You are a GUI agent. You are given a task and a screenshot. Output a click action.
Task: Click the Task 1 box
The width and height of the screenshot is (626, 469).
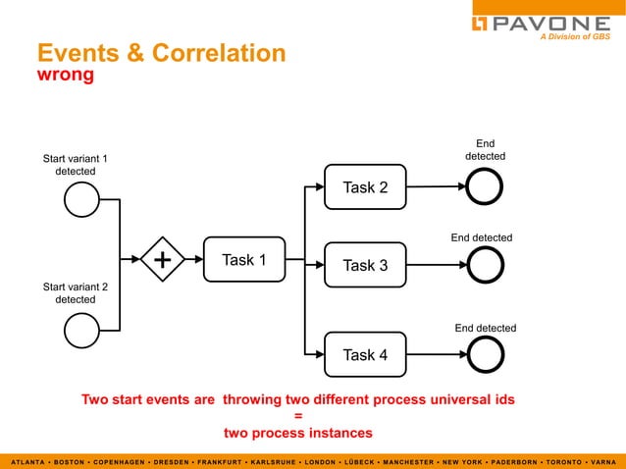click(x=243, y=260)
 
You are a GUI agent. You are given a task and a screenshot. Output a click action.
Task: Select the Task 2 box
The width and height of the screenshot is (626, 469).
click(x=365, y=187)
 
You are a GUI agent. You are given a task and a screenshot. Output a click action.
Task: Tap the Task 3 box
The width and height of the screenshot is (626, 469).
click(x=365, y=265)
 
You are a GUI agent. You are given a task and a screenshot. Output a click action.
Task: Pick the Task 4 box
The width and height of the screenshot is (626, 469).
click(x=365, y=354)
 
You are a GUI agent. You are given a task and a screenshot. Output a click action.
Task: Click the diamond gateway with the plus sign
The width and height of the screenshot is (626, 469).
click(x=162, y=260)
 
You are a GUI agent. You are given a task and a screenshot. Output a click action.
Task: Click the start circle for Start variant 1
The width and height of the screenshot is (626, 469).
click(x=81, y=201)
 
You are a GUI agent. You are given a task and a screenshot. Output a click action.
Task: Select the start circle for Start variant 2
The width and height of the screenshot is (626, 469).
click(x=81, y=330)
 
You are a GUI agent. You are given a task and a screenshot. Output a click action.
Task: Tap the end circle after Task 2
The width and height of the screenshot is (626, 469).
click(x=485, y=186)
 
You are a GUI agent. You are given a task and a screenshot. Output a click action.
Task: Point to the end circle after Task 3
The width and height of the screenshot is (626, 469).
click(x=485, y=264)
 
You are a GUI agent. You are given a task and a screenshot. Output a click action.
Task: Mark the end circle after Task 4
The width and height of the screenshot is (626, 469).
click(x=485, y=354)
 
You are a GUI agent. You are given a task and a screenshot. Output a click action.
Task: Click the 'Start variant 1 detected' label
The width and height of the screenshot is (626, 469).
click(x=75, y=165)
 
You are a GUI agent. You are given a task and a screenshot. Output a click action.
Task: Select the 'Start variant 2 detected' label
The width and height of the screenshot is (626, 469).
click(x=75, y=292)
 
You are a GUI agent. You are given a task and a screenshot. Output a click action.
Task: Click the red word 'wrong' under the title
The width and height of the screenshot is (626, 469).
click(x=65, y=76)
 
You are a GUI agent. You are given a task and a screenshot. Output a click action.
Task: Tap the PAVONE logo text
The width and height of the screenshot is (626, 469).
click(x=553, y=23)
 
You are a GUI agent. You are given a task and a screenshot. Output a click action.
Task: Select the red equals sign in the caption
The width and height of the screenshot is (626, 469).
click(x=297, y=416)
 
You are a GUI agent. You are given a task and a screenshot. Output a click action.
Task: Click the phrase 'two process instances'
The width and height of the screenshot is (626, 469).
click(x=297, y=433)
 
